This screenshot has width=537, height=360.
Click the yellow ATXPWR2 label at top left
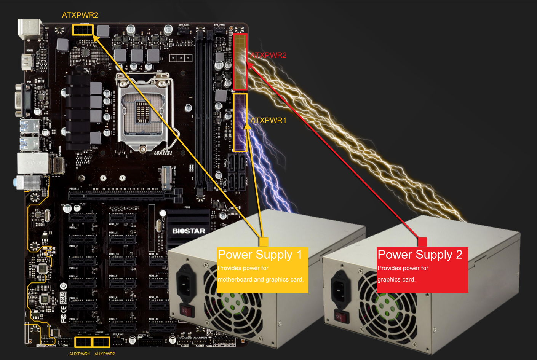pos(80,15)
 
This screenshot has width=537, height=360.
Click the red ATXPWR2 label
pos(268,55)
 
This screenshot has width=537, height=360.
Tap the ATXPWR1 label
pos(268,121)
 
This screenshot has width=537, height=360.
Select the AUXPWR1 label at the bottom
pos(79,354)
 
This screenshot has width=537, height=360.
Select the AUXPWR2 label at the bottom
pos(105,354)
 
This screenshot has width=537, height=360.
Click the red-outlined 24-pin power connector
pos(240,62)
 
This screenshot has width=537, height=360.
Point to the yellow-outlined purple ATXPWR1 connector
pos(240,123)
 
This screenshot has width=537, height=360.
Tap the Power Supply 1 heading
pos(260,255)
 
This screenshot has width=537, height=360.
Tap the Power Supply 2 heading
pos(420,255)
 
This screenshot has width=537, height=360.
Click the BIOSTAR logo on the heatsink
pos(189,231)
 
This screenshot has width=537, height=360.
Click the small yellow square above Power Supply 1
pos(264,242)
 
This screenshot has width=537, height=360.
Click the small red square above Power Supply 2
pos(422,242)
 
